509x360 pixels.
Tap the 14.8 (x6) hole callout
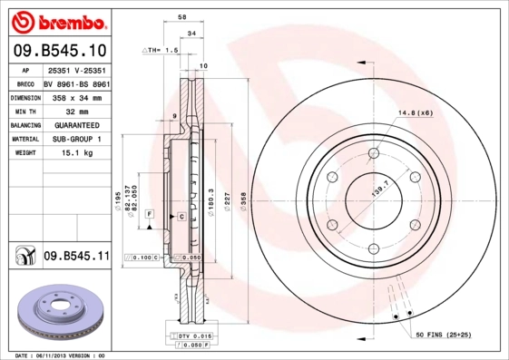point(415,113)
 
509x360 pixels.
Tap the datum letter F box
point(149,213)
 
